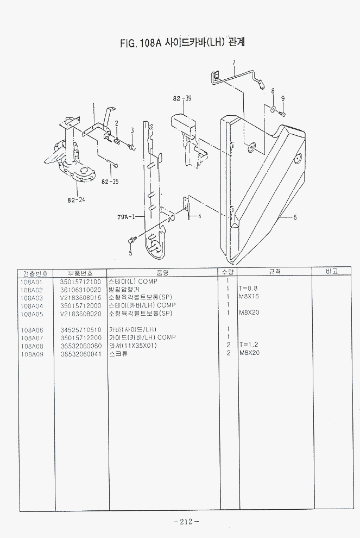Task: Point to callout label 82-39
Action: (x=182, y=98)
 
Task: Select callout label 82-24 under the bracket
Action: (x=76, y=199)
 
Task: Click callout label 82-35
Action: (x=110, y=182)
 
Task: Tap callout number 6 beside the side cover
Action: (x=295, y=217)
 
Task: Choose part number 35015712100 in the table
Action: (x=80, y=282)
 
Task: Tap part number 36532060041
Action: (x=80, y=353)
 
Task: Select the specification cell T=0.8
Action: (x=248, y=290)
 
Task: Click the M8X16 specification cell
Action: (x=248, y=298)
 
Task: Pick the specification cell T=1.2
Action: (x=248, y=345)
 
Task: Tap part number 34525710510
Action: (x=80, y=329)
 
